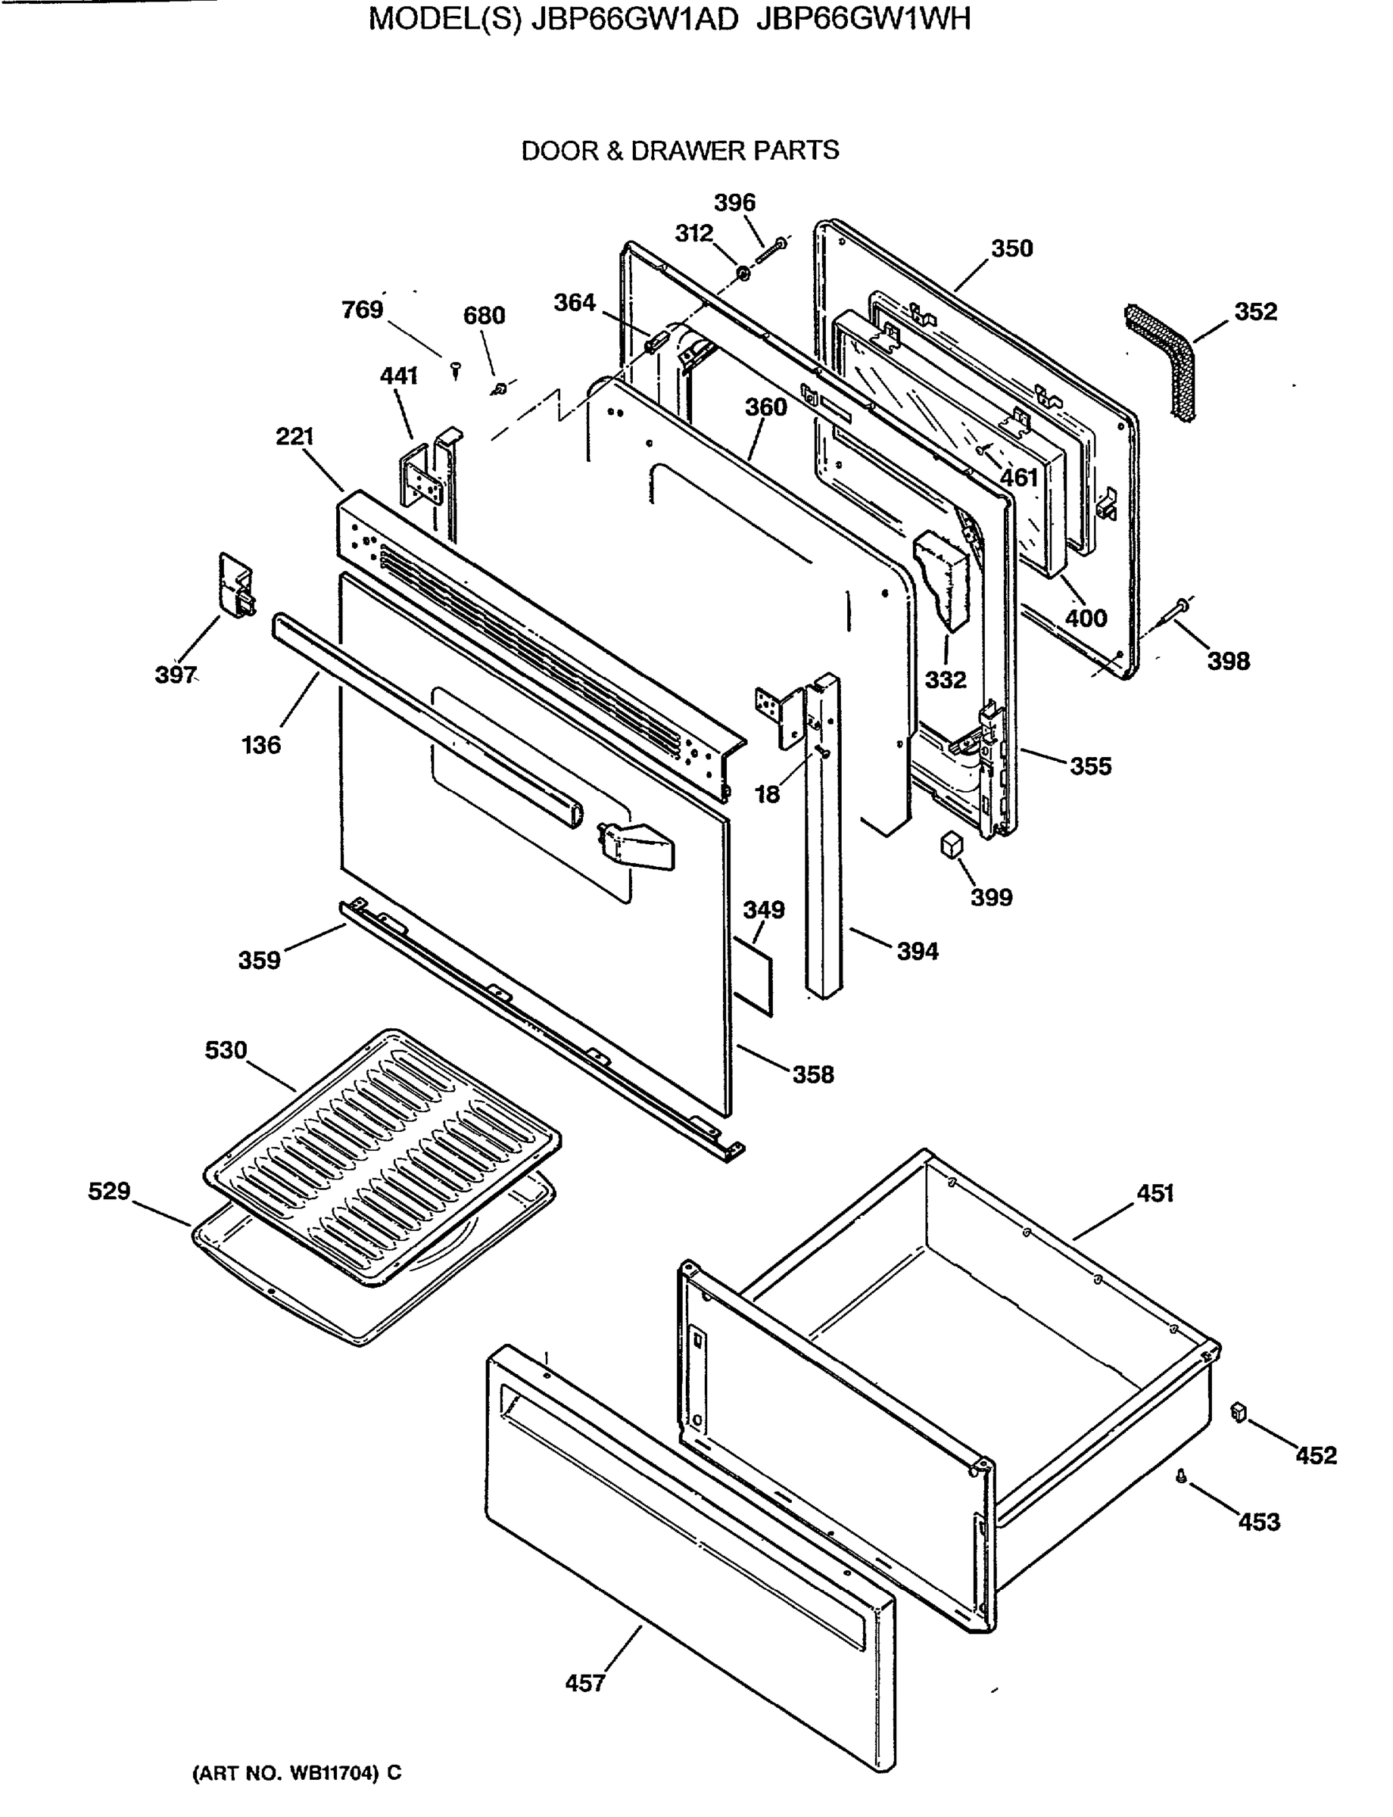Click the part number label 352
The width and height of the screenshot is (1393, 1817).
pos(1255,312)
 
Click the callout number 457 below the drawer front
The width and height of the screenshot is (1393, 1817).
pos(585,1683)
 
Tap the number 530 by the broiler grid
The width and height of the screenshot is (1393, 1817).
pos(226,1050)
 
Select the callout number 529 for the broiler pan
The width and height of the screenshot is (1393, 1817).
pos(110,1191)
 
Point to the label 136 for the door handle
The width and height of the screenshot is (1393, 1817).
pos(261,745)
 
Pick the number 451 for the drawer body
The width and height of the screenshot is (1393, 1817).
pos(1155,1193)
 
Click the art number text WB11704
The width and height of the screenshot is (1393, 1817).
pos(333,1773)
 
